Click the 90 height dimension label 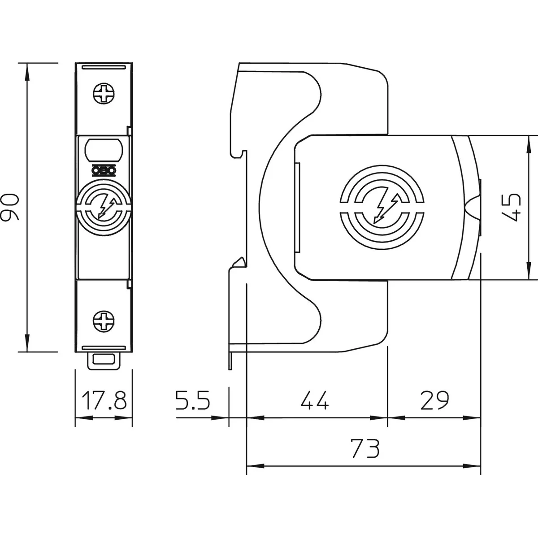point(10,208)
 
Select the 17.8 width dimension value point(104,400)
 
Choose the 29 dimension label point(434,400)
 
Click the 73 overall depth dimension point(365,448)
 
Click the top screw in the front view point(104,95)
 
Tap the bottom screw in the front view point(104,321)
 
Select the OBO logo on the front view point(104,169)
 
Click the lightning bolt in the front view point(104,207)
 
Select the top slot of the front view point(104,67)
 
